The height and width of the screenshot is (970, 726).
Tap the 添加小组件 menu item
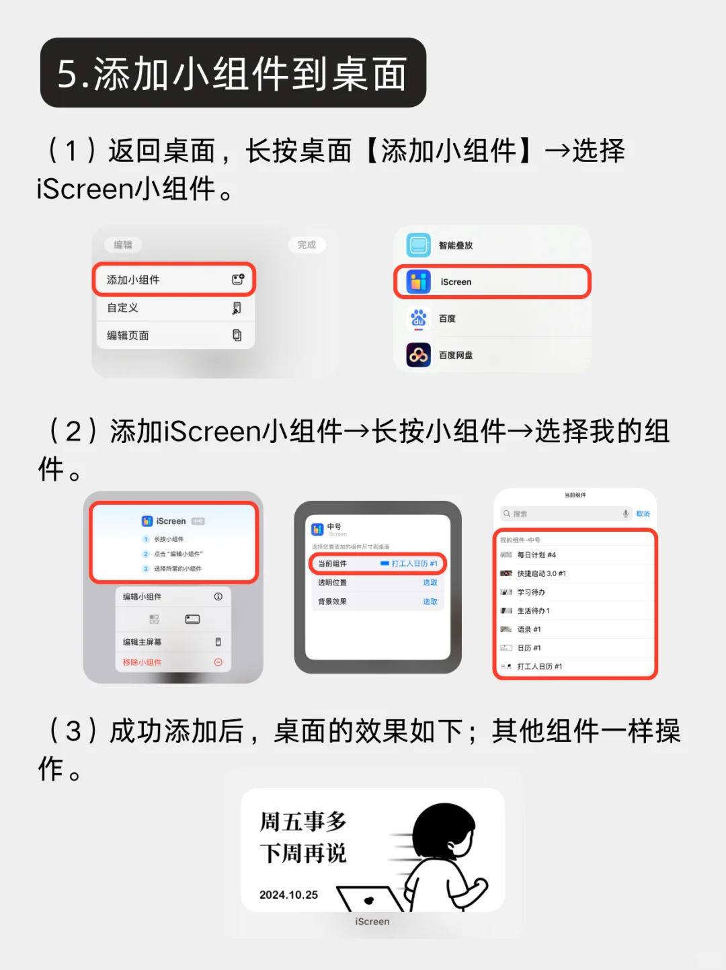173,280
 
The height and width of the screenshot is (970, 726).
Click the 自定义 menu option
173,308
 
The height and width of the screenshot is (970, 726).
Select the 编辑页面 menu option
173,335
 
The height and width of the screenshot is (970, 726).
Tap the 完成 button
307,245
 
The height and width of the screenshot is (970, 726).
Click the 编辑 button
123,245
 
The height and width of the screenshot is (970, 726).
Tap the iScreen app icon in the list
418,282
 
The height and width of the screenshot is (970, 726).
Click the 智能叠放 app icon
418,245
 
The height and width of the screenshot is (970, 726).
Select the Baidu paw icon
418,319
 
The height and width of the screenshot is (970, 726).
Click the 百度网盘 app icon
418,355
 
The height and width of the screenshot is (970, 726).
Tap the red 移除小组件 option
143,663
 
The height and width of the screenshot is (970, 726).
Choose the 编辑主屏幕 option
143,642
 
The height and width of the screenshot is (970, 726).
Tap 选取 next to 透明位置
430,583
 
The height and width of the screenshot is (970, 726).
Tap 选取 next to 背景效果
430,602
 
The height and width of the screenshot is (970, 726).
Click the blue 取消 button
643,514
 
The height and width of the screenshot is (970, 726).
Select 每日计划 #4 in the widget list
536,555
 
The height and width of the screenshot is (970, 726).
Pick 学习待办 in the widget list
531,592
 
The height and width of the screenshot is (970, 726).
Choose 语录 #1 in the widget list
529,630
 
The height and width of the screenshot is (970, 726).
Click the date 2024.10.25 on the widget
288,895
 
